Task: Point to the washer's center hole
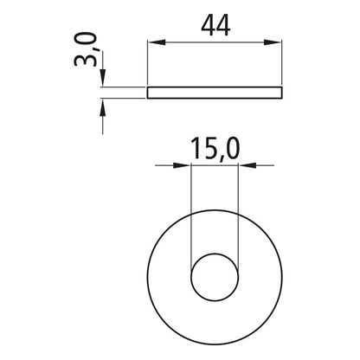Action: click(212, 275)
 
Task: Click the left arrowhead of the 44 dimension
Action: click(153, 42)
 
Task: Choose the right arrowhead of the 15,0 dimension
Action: click(242, 164)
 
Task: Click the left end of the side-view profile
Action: click(149, 92)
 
